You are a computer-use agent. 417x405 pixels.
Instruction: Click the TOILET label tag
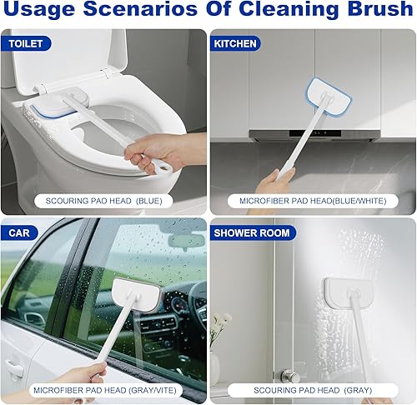click(26, 43)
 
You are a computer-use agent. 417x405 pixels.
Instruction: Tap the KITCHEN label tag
click(235, 43)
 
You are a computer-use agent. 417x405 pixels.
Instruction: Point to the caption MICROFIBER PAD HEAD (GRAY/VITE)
click(104, 389)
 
